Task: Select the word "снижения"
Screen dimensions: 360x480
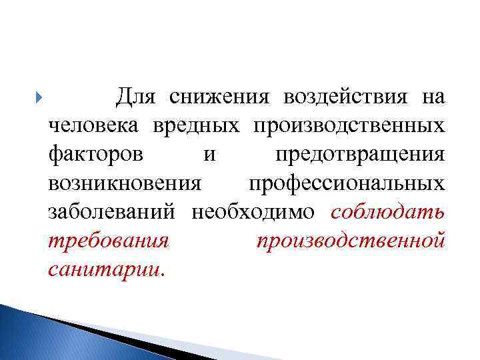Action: point(219,97)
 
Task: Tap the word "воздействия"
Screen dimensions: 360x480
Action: point(344,97)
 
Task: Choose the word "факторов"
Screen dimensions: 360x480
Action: point(95,155)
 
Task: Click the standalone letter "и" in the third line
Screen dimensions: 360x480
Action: point(209,155)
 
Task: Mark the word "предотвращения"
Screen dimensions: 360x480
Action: point(359,155)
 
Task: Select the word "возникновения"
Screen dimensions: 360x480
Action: point(125,183)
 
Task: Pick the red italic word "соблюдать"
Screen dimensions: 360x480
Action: point(387,212)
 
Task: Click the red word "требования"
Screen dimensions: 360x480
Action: point(109,241)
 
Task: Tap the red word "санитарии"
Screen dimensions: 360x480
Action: point(103,269)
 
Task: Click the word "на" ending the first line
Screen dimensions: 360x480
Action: point(433,98)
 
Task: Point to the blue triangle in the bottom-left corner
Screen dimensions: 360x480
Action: point(40,337)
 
